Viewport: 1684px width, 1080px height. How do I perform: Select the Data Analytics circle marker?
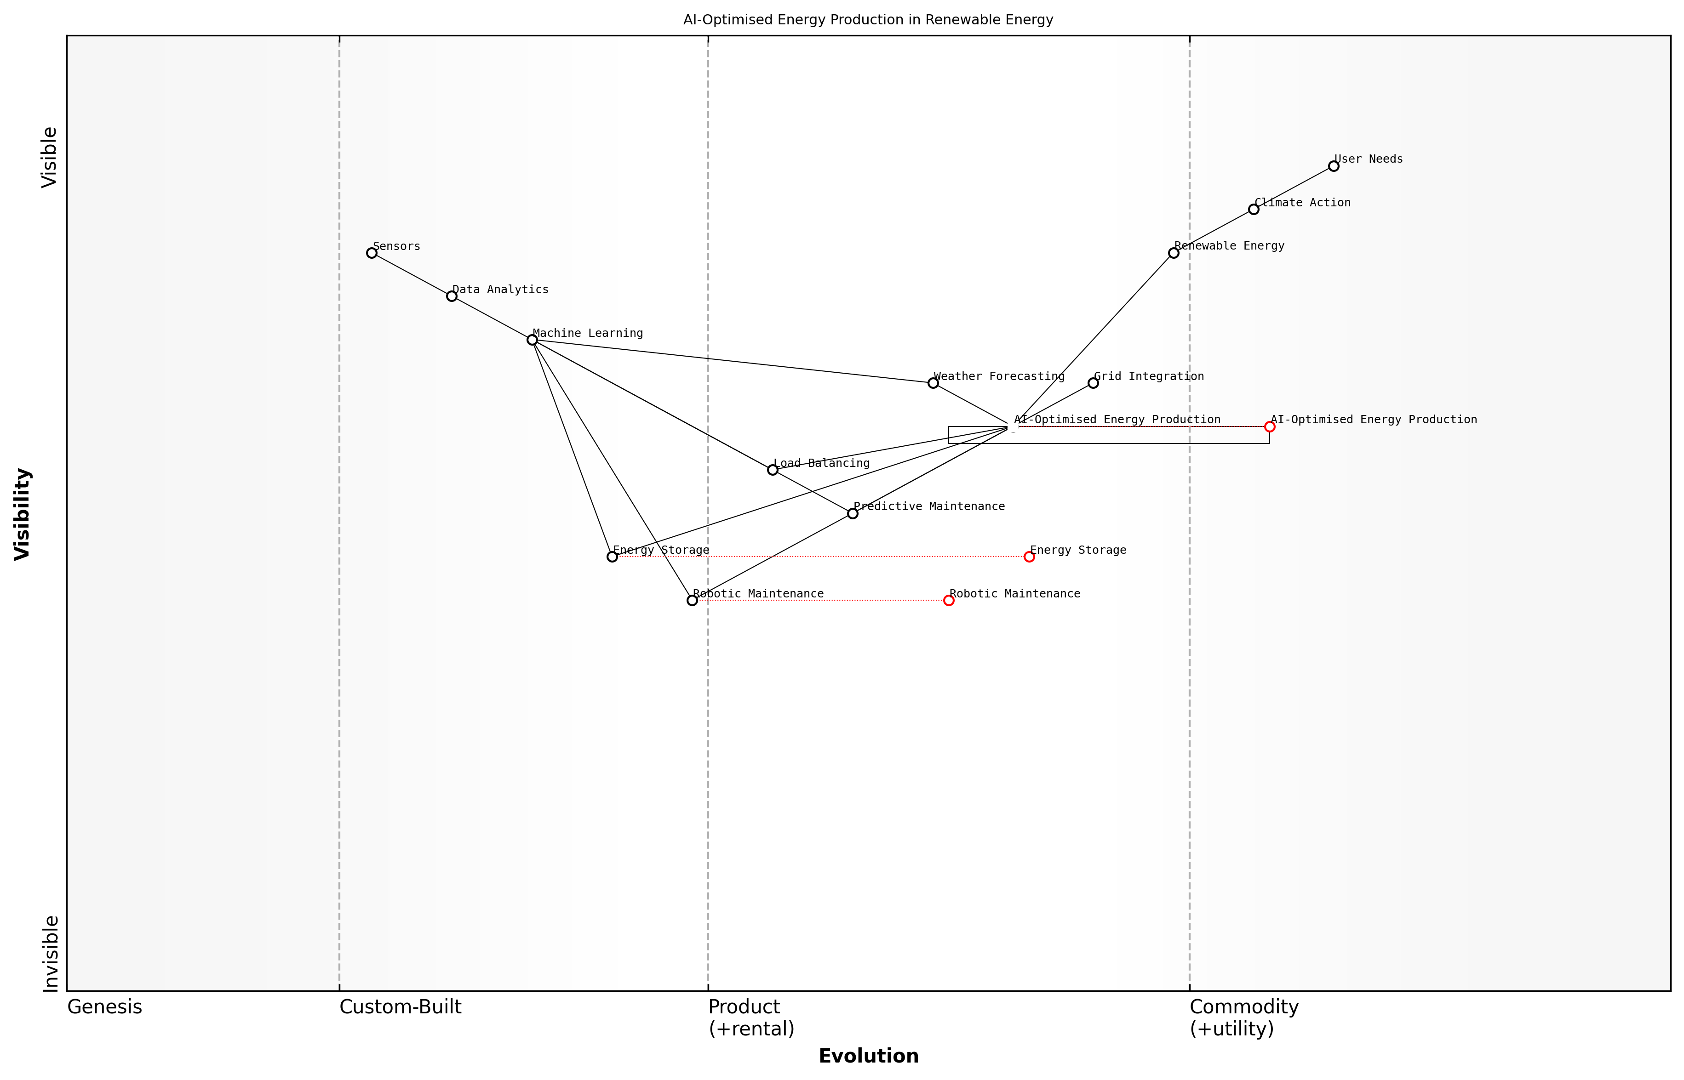click(x=452, y=296)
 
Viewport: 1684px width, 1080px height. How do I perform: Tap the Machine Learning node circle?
click(x=532, y=340)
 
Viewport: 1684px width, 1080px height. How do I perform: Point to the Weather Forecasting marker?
click(x=933, y=383)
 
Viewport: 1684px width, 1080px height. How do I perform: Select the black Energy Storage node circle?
click(x=612, y=557)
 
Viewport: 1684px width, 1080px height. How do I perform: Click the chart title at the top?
click(x=868, y=20)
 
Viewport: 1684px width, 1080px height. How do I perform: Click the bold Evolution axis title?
click(x=868, y=1056)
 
